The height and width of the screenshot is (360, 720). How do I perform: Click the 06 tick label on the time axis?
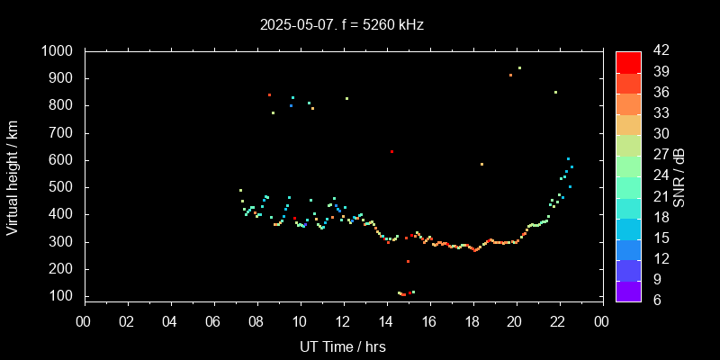[213, 319]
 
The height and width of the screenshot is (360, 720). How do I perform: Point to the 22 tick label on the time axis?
[558, 319]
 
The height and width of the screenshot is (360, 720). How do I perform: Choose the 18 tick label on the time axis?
[472, 319]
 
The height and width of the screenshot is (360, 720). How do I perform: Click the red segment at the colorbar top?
[628, 61]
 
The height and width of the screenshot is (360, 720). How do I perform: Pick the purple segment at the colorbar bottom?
[628, 290]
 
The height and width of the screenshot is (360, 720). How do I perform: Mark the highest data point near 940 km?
[519, 67]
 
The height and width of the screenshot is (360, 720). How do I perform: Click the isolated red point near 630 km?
[391, 151]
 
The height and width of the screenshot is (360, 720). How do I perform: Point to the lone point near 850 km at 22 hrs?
[555, 92]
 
